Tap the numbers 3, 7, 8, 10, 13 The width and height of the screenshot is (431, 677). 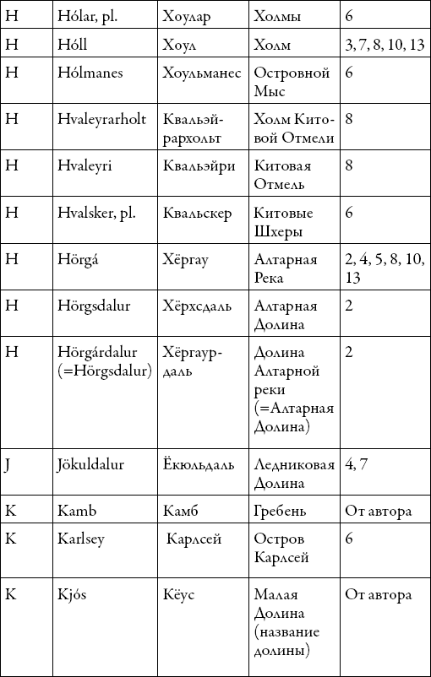click(385, 45)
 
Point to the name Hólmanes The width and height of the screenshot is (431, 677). click(91, 73)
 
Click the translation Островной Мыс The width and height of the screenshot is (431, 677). click(291, 82)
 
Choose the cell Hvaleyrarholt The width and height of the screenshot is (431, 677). click(103, 119)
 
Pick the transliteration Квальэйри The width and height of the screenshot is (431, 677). click(199, 165)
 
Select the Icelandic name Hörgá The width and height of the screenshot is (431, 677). click(81, 259)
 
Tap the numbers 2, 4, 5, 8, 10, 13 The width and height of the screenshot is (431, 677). click(383, 268)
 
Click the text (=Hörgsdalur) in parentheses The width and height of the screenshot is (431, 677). click(104, 370)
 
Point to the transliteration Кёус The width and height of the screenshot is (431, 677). click(179, 595)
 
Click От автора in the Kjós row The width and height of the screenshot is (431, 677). click(378, 595)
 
